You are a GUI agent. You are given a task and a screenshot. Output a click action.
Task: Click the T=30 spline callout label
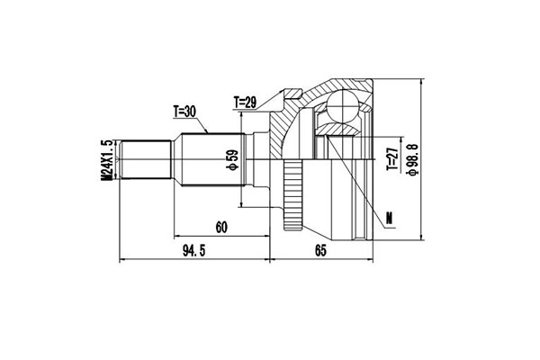184,111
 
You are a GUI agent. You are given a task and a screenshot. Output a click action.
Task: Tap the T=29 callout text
245,103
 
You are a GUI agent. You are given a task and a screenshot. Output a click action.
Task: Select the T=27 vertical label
392,158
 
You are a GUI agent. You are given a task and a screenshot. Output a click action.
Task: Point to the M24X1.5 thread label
106,160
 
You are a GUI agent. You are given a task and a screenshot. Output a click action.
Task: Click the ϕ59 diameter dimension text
232,160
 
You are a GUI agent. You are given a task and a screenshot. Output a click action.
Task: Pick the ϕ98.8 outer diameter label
412,159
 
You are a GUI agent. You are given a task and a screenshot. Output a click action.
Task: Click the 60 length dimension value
221,228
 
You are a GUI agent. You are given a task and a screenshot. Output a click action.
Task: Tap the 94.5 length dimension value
193,251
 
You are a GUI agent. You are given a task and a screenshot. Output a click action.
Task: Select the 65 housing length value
320,251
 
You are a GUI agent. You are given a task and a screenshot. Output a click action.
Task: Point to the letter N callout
390,218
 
